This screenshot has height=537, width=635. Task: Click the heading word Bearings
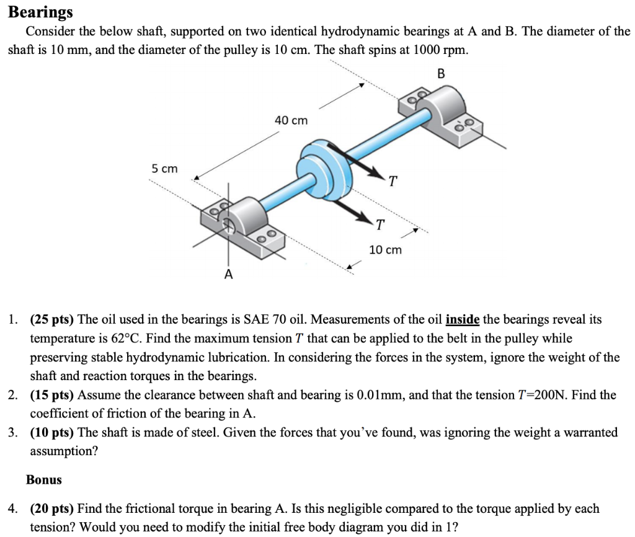pos(40,12)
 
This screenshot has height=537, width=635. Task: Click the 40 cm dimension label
pos(291,120)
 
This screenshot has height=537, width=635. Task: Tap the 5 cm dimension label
pos(164,169)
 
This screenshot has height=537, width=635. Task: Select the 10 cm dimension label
pos(385,250)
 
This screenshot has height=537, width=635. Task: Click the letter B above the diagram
pos(442,74)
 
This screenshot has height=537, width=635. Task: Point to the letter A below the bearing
pos(229,273)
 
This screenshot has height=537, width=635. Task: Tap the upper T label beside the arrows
pos(392,181)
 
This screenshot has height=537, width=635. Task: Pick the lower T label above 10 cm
pos(380,224)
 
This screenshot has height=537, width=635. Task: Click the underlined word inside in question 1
pos(463,320)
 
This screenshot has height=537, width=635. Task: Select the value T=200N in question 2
pos(540,395)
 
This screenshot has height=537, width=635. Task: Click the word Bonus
pos(44,479)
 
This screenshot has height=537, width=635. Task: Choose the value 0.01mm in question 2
pos(381,395)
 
